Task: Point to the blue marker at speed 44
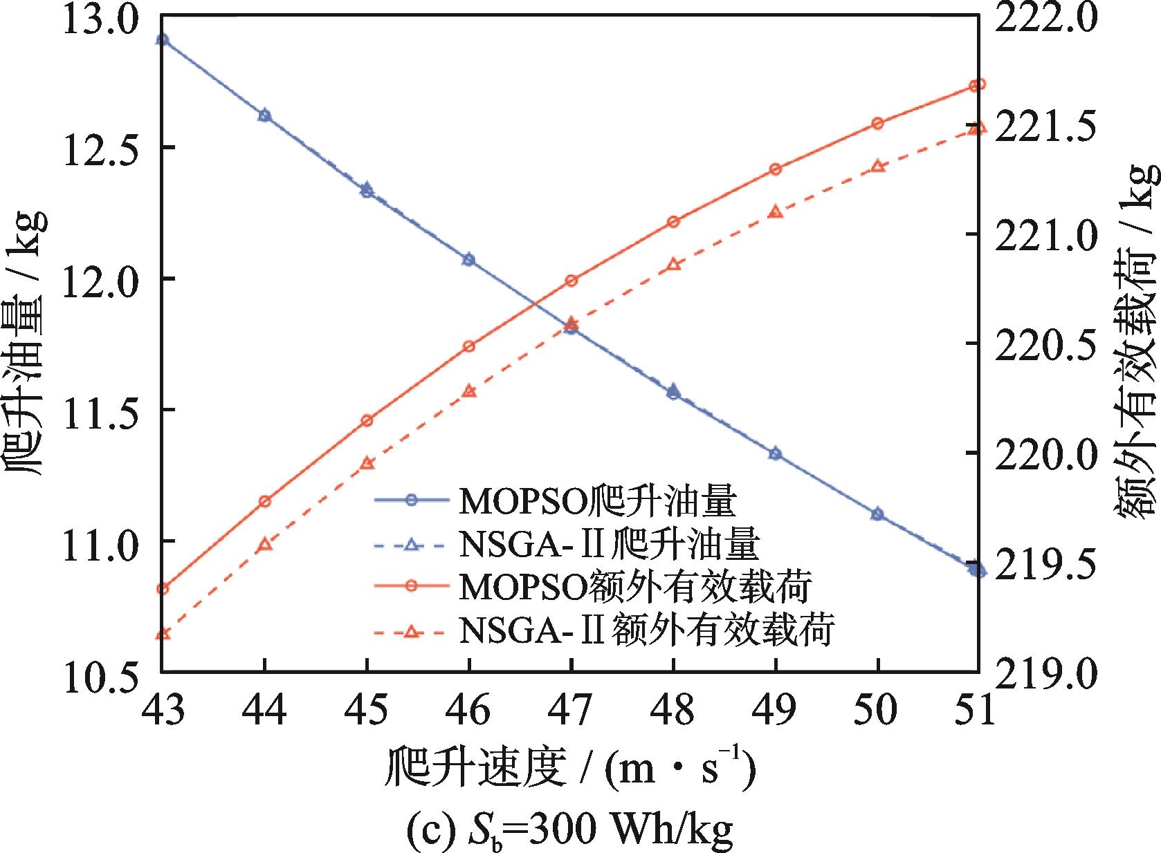pos(264,115)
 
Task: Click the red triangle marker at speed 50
pos(878,167)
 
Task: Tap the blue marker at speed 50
pos(878,514)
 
